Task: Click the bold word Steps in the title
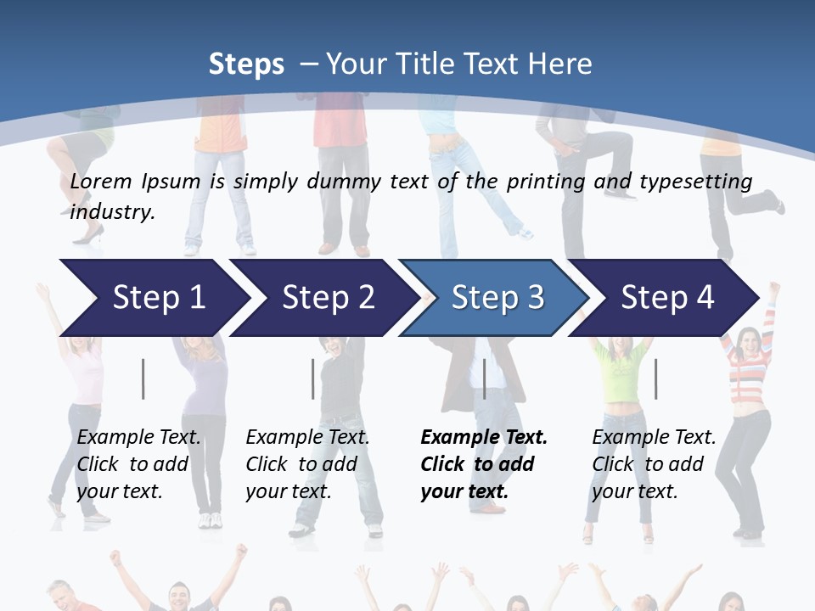click(246, 64)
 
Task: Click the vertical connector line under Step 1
click(143, 378)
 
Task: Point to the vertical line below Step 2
click(313, 378)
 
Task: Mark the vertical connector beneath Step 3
click(485, 378)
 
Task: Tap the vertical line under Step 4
click(655, 378)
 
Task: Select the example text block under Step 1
click(138, 464)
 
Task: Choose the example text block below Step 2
click(307, 464)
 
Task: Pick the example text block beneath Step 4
click(654, 464)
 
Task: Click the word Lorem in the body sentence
click(101, 181)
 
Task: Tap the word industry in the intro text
click(112, 211)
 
